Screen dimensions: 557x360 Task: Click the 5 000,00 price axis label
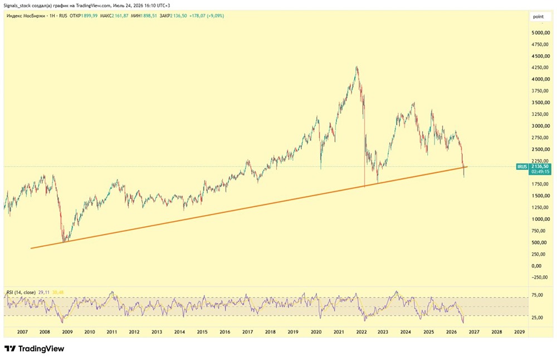pos(541,33)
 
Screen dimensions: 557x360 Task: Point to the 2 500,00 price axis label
pos(541,149)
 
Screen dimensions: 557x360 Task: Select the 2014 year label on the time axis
pos(179,332)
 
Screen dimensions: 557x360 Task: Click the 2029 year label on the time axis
pos(519,332)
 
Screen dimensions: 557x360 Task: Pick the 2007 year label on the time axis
pos(22,332)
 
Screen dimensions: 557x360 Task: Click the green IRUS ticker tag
pos(522,167)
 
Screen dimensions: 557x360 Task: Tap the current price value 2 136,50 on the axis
pos(540,166)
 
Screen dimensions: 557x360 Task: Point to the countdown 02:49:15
pos(540,172)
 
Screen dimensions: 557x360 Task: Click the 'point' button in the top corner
pos(538,17)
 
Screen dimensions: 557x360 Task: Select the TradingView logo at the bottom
pos(35,349)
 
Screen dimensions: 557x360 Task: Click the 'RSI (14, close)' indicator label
pos(21,293)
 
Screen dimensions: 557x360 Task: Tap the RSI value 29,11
pos(43,293)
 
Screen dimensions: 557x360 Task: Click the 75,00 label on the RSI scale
pos(537,295)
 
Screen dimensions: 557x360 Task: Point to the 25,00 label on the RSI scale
pos(537,318)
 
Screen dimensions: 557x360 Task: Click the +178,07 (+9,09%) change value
pos(207,16)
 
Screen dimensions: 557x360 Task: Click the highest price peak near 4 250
pos(356,66)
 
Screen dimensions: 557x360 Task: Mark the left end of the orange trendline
pos(31,248)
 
